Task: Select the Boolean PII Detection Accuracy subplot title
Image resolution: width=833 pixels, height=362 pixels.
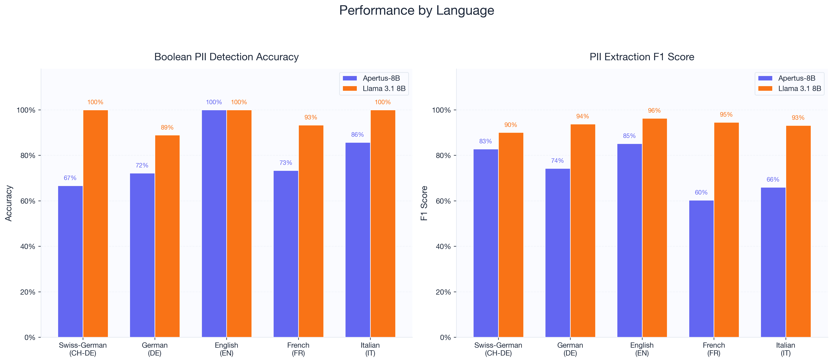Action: pos(226,57)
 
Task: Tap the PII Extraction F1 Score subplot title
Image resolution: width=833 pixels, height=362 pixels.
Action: pos(642,57)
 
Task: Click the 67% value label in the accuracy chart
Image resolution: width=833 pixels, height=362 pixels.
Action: pos(70,178)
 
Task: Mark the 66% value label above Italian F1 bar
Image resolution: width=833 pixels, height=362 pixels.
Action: pos(773,180)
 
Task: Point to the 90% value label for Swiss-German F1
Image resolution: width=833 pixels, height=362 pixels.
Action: pos(511,125)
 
